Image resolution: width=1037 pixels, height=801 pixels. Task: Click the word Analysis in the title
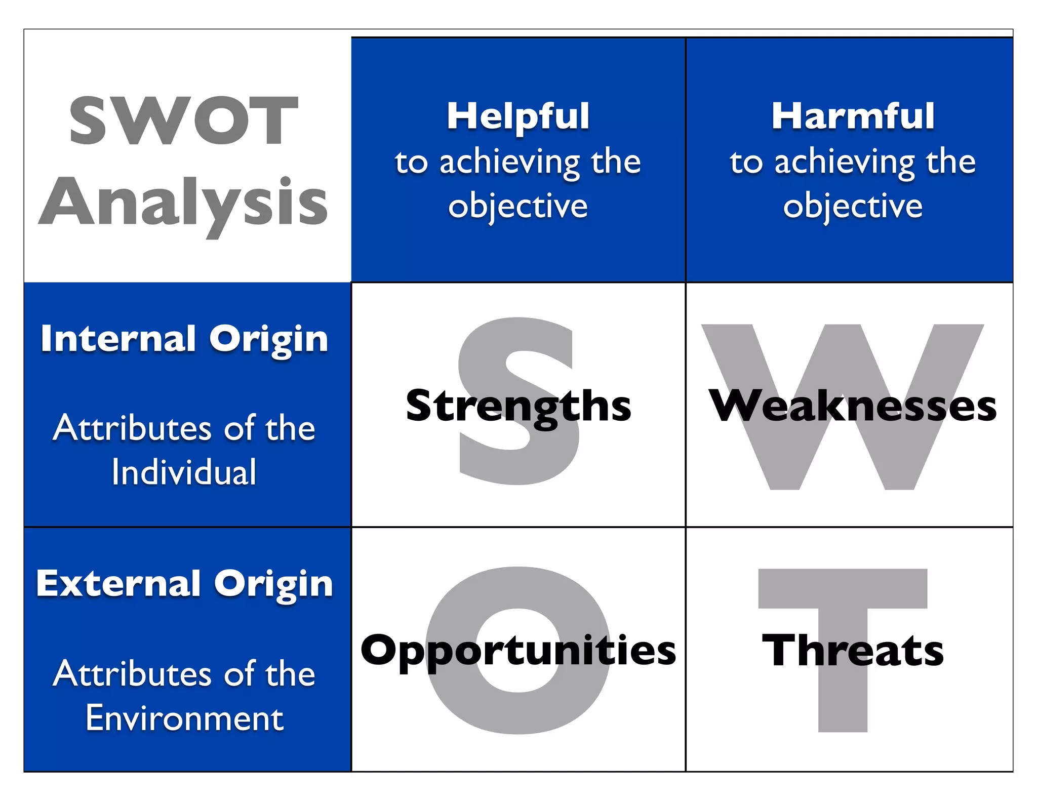tap(183, 203)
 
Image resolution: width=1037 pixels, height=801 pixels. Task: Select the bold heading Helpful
tap(518, 116)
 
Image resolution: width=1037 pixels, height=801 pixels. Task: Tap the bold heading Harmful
tap(853, 116)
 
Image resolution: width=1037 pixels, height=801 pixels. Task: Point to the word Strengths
tap(518, 406)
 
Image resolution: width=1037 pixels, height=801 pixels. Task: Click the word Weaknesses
tap(852, 406)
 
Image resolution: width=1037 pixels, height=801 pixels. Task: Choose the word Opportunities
tap(518, 651)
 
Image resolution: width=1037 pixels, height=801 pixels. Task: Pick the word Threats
tap(853, 651)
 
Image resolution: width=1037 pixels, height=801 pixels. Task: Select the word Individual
tap(184, 472)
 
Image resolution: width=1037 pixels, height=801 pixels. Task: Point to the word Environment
tap(184, 718)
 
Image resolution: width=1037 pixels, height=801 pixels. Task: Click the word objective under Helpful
tap(518, 207)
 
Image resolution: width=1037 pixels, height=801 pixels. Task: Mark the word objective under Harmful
tap(853, 207)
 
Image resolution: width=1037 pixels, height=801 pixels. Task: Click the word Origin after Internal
tap(269, 339)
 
